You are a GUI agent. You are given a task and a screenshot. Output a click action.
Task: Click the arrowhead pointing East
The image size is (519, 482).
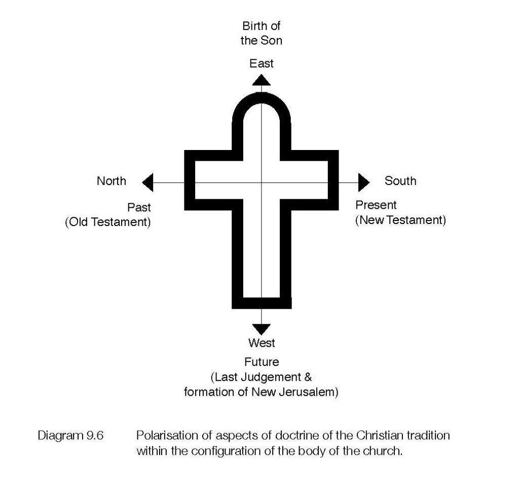point(261,80)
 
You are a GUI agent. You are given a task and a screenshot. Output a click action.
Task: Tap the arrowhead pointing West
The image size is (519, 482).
point(261,328)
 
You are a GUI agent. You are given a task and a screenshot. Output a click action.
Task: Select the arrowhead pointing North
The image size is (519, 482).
point(147,182)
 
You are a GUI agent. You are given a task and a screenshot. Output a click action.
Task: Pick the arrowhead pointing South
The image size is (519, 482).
point(364,182)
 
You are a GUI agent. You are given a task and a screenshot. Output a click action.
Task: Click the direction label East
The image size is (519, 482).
point(261,63)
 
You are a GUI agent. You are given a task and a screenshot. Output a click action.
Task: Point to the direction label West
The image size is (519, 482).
point(262,343)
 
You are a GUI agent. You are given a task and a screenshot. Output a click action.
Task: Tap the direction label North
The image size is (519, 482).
point(112,181)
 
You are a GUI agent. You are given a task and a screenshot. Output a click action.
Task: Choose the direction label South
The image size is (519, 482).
point(400,181)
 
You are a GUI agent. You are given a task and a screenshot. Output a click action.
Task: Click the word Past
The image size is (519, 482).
point(139,208)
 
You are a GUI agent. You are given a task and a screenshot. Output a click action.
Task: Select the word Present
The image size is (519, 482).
point(376,205)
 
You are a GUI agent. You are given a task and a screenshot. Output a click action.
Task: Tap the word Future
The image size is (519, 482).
point(262,362)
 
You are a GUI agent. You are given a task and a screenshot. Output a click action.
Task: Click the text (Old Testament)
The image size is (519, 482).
point(108,223)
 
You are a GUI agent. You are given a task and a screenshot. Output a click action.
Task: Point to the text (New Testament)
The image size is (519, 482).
point(400,220)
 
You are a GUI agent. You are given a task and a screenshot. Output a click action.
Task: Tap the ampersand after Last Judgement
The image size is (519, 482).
point(308,378)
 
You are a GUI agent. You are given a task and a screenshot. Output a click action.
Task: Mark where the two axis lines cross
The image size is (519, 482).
point(261,182)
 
